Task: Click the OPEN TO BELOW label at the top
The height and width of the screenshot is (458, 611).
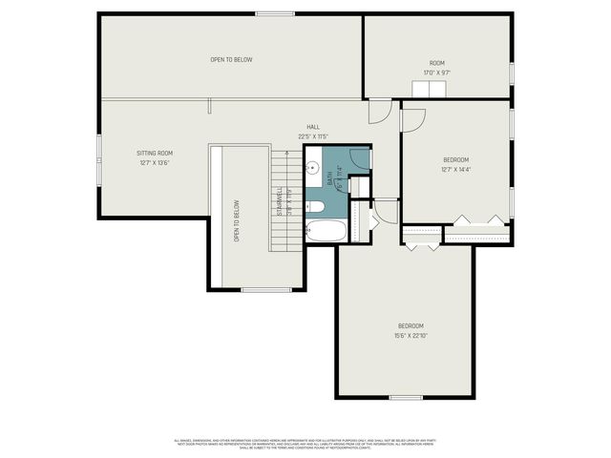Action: click(x=231, y=60)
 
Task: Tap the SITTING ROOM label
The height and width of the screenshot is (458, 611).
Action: click(x=153, y=153)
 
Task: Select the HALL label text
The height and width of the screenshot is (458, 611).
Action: click(x=313, y=127)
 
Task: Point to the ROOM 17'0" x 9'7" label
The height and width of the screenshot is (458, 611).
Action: click(x=436, y=63)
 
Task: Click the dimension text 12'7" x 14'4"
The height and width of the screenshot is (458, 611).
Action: click(x=455, y=169)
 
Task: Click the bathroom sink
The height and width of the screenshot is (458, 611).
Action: click(x=312, y=169)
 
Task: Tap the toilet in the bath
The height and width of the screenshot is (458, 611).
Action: click(x=316, y=205)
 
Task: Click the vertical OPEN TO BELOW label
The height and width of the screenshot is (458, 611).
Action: click(x=237, y=219)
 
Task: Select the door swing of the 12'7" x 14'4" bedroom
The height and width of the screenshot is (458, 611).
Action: click(x=412, y=118)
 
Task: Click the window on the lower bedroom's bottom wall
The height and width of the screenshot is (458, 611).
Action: click(x=406, y=397)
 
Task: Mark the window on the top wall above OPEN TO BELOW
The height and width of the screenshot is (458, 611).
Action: click(x=268, y=13)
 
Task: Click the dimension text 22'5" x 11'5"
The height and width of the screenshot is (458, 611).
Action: click(x=313, y=136)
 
